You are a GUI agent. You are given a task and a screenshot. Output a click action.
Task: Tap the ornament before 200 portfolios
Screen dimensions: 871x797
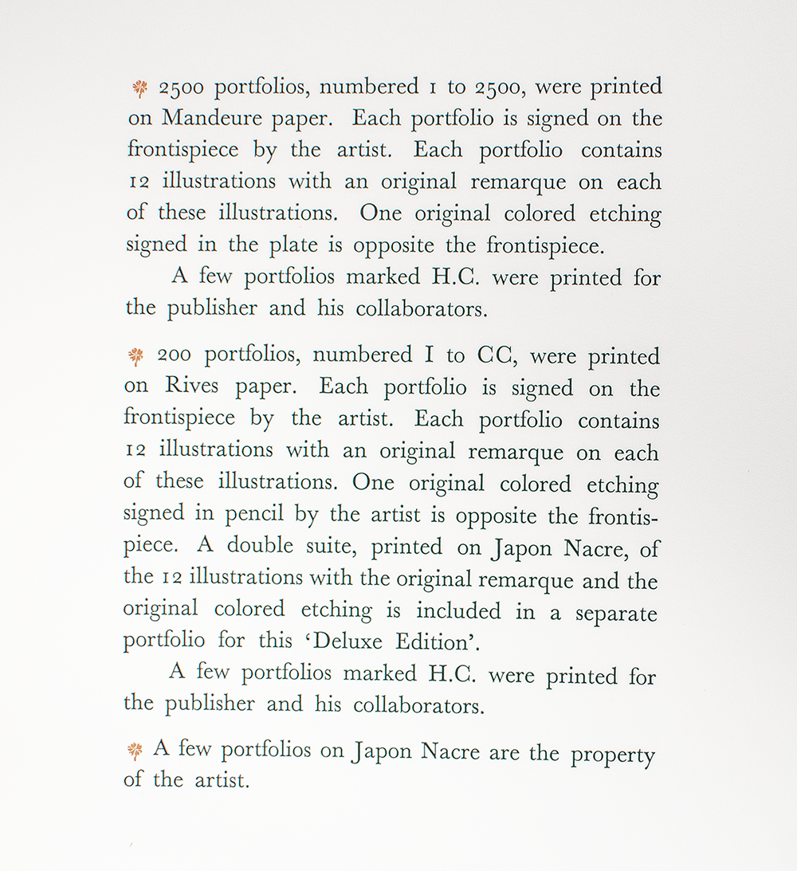(136, 355)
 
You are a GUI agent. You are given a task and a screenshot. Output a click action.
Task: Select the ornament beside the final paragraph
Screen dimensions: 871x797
(135, 750)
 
